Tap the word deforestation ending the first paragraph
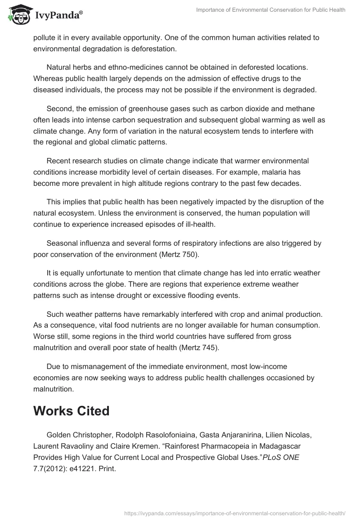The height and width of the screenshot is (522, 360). (x=147, y=49)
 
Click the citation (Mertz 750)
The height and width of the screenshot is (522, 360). (x=175, y=255)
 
